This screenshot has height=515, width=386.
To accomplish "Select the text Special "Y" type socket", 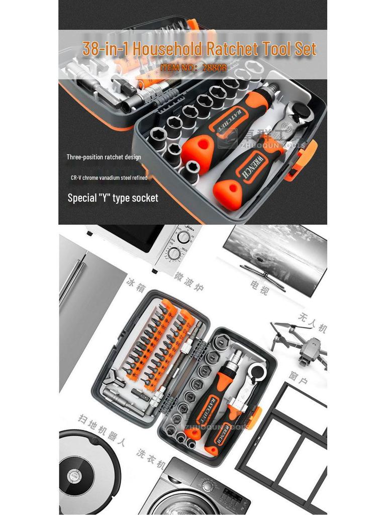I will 113,198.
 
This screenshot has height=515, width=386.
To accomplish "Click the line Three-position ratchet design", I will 104,157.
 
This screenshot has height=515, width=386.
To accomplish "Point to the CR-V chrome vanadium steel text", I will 109,178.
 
